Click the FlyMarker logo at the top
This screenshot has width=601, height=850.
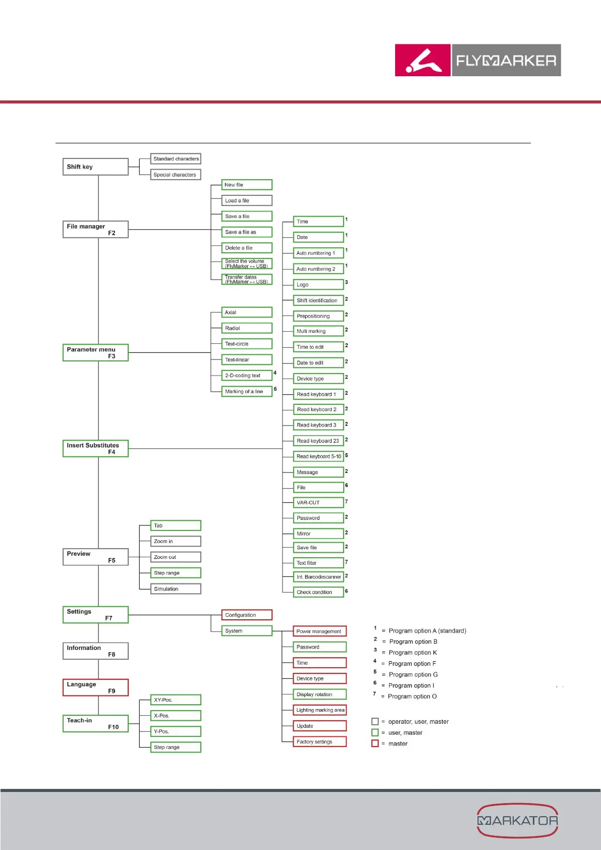tap(477, 60)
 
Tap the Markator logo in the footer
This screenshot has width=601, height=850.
tap(517, 820)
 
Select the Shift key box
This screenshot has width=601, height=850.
tap(95, 167)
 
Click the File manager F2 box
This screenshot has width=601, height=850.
tap(95, 230)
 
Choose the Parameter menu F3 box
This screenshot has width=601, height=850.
tap(95, 353)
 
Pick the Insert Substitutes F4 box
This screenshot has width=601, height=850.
tap(95, 449)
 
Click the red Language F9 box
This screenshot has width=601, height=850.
tap(95, 687)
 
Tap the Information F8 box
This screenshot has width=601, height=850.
tap(95, 651)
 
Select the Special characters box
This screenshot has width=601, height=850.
tap(176, 175)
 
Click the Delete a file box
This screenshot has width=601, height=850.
tap(247, 248)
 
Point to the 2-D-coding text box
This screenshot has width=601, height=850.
tap(247, 376)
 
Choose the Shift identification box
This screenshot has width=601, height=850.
tap(318, 300)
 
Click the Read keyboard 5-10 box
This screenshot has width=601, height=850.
tap(318, 456)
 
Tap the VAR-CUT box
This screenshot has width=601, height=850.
tap(318, 503)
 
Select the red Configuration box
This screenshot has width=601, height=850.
tap(247, 615)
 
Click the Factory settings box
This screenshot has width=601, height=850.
tap(319, 741)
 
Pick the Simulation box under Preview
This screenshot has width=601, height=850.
tap(176, 589)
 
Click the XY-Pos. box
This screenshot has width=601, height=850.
tap(176, 700)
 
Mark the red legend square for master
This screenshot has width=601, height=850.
tap(375, 743)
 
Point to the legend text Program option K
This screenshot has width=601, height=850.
tap(413, 653)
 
